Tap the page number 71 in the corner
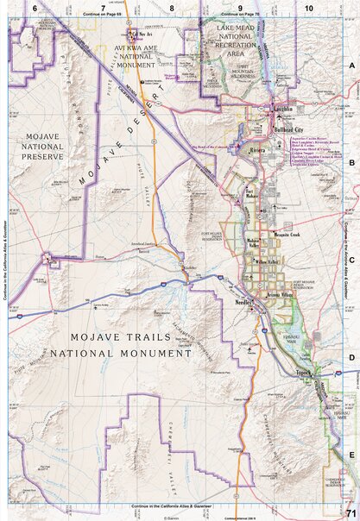(x=349, y=513)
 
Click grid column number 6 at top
(x=34, y=7)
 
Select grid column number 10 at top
(x=309, y=7)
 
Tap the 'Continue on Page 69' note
(x=101, y=16)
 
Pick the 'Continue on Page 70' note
(x=239, y=16)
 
